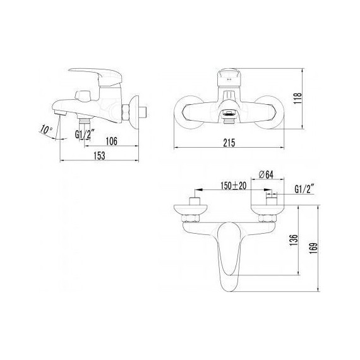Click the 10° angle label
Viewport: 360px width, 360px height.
[x=45, y=129]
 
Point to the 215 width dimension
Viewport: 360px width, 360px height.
[x=229, y=143]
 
